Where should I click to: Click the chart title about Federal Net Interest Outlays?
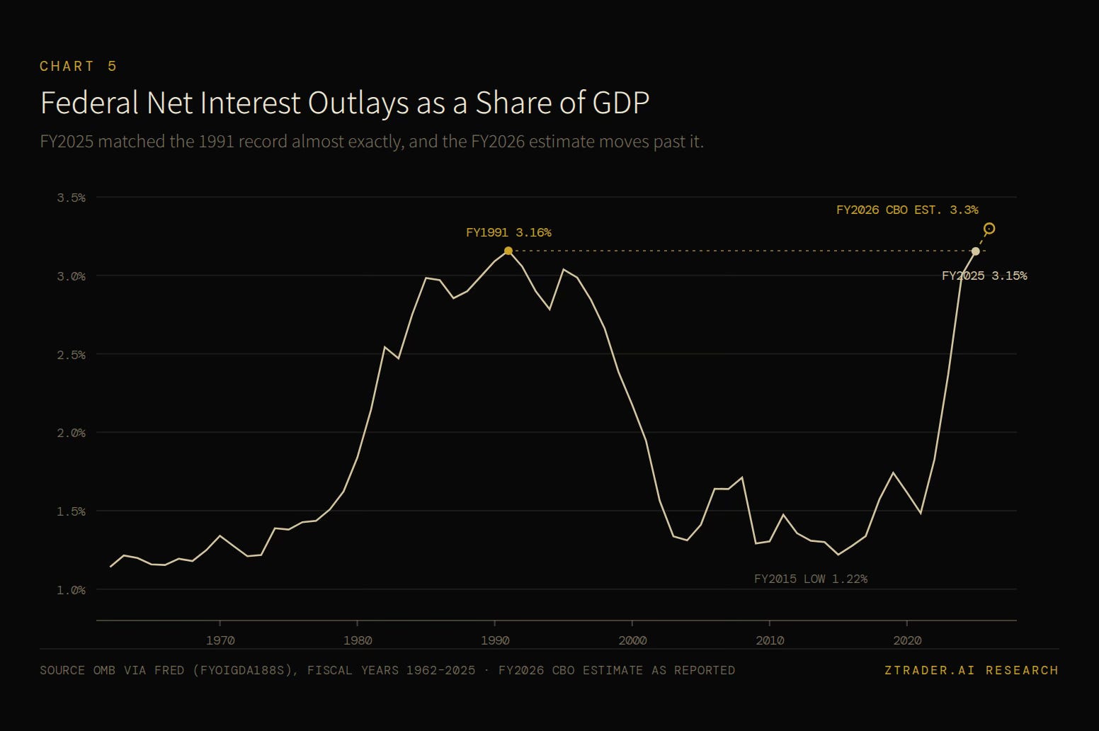pos(345,103)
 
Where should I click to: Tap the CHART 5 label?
pos(79,67)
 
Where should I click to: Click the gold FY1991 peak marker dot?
pos(508,251)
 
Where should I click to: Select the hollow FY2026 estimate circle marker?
pos(989,228)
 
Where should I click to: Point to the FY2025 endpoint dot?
pos(975,251)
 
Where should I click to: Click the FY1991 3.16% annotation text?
pos(508,232)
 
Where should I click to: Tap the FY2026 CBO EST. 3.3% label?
pos(907,210)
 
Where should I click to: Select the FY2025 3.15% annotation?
pos(984,276)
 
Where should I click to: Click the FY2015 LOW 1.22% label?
pos(811,579)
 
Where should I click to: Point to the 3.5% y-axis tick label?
pos(71,198)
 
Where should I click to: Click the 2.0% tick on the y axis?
pos(71,433)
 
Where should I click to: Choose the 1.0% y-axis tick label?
pos(71,589)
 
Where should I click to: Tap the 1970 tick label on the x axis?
pos(220,640)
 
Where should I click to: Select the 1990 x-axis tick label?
pos(495,640)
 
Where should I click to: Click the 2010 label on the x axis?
pos(770,640)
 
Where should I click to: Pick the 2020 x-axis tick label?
pos(907,640)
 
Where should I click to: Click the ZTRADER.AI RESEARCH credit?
pos(972,670)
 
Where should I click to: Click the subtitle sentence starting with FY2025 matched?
pos(372,142)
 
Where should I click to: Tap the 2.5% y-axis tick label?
pos(71,354)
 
